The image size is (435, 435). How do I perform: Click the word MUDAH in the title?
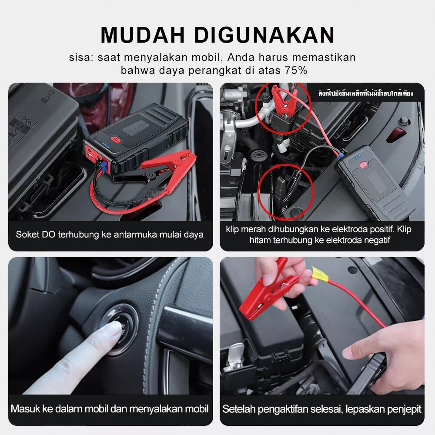tap(143, 35)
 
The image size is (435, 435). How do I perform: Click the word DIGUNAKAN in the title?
tap(264, 35)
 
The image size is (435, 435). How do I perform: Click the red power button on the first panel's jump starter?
tap(114, 139)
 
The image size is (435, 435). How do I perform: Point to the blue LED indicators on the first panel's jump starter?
tap(106, 145)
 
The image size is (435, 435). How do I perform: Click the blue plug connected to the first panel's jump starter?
tap(103, 167)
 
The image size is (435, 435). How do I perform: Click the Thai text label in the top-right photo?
tap(366, 94)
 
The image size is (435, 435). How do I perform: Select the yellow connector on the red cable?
tap(320, 274)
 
